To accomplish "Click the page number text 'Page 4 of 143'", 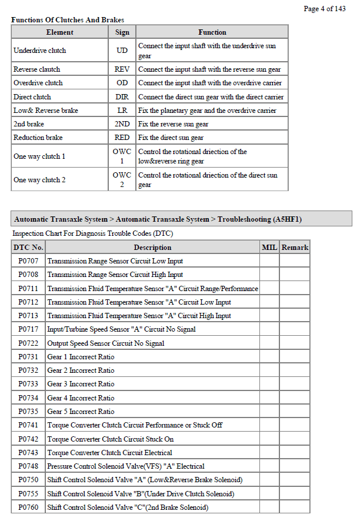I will [324, 8].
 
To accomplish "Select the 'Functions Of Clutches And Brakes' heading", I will [68, 20].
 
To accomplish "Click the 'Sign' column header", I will [122, 32].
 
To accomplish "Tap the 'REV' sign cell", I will [122, 69].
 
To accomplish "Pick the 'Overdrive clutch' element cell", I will [38, 83].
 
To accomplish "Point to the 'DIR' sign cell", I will [122, 96].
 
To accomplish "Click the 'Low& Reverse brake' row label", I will [46, 111].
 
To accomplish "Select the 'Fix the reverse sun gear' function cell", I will [174, 124].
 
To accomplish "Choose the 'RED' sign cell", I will [122, 138].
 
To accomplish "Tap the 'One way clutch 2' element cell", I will [39, 180].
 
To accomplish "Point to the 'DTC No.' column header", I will [28, 248].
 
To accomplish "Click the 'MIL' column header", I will [269, 248].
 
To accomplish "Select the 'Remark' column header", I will [295, 248].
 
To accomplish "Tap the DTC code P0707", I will [28, 261].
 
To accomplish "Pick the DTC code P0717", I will [28, 329].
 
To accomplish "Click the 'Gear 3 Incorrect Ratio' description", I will [81, 384].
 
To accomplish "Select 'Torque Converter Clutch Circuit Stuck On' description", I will [111, 439].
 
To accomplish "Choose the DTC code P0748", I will [28, 466].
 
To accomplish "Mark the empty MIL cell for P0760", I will [269, 507].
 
